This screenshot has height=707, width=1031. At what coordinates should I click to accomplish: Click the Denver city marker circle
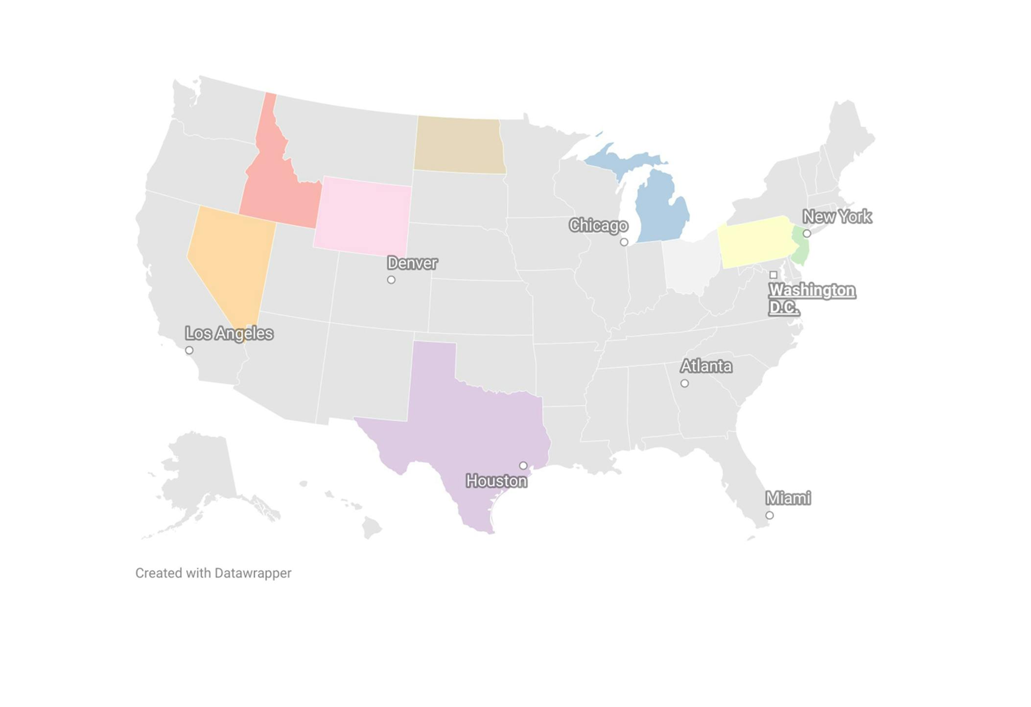391,280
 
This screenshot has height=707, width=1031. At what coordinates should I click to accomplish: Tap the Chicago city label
598,225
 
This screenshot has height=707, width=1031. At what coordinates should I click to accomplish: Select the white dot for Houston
523,466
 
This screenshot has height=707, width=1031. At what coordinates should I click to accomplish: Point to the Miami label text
788,498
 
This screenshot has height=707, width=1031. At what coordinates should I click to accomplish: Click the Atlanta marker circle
684,383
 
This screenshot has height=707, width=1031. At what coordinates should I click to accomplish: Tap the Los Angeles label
229,333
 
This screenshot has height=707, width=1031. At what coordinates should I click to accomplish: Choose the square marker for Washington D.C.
773,275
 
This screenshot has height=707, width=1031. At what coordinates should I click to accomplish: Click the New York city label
837,216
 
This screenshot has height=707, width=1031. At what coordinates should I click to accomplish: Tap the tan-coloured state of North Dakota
459,145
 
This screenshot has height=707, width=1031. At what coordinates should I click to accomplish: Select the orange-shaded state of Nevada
230,259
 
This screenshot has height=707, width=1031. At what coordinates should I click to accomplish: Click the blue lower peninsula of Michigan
661,211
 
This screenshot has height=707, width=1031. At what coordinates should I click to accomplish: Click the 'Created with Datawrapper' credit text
213,573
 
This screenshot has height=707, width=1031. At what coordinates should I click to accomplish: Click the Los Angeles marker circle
189,351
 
